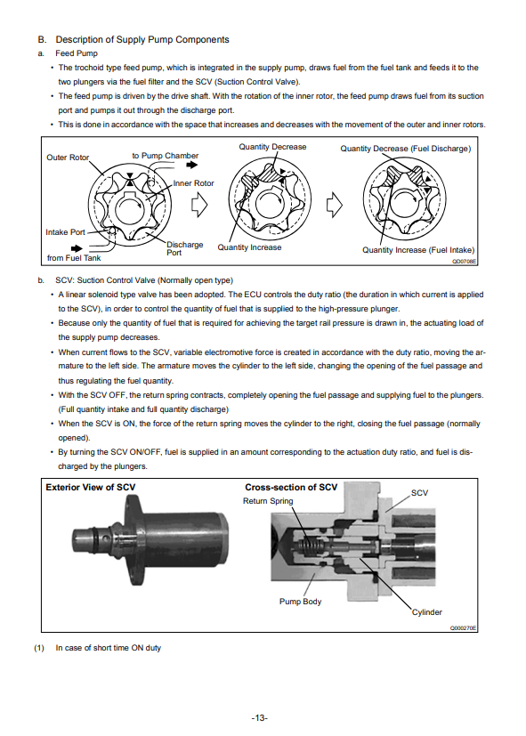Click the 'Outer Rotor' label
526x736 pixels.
click(68, 158)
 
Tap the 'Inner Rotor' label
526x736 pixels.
click(193, 183)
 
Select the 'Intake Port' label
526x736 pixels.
click(65, 232)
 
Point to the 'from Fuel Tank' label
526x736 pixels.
click(74, 258)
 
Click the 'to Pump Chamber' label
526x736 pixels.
click(166, 156)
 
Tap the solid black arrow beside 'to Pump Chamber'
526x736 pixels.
click(192, 165)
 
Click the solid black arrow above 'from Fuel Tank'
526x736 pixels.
click(77, 248)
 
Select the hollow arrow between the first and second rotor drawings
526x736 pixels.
click(199, 205)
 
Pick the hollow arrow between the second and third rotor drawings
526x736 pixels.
click(334, 205)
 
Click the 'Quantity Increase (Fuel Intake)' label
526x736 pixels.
click(418, 250)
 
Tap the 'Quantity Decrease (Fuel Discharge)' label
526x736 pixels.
click(406, 149)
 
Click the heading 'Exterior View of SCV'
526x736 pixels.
click(91, 487)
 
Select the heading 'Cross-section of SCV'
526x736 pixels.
click(291, 487)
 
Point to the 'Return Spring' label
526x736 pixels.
click(268, 501)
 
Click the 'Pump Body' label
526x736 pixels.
click(300, 602)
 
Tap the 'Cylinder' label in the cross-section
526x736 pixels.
click(427, 612)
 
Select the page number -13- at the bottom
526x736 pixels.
click(260, 717)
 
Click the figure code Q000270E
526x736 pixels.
click(463, 628)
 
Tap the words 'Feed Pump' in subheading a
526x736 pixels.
click(77, 53)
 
